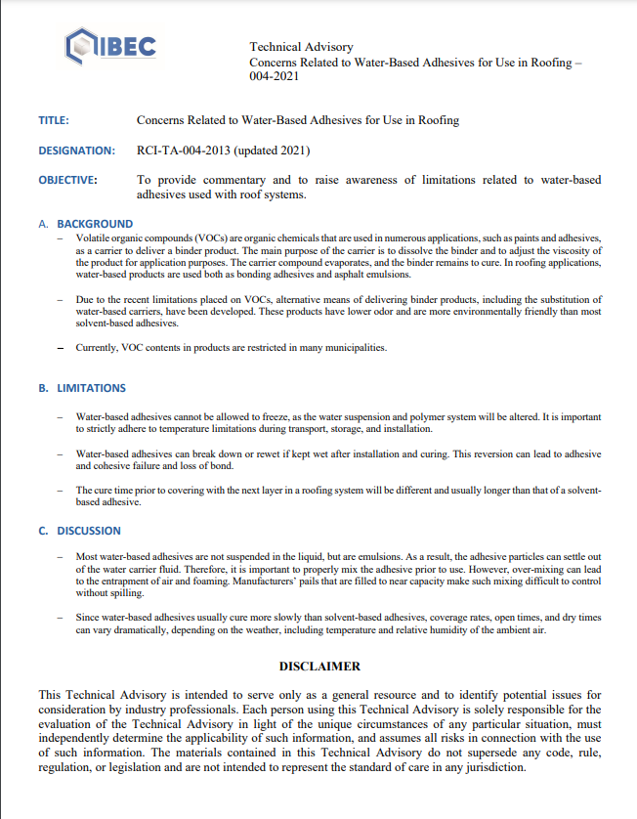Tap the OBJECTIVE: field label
67,180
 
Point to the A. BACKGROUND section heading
85,224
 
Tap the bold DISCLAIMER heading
319,666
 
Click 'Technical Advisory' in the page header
301,47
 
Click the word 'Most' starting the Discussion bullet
88,556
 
